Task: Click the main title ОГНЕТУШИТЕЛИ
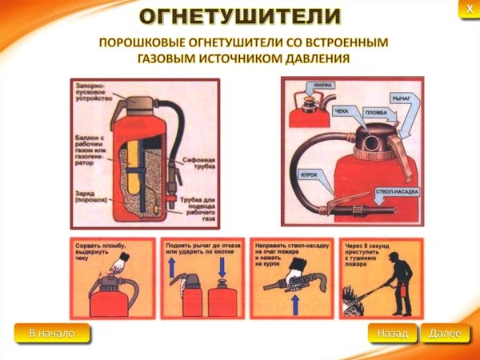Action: pos(240,16)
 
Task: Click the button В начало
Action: pos(52,333)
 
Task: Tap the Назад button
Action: pos(393,333)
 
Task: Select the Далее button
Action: pos(445,333)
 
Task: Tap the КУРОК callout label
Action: pos(309,173)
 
